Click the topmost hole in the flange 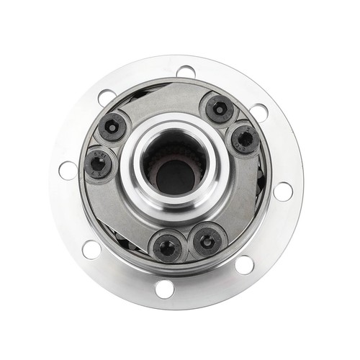(x=186, y=72)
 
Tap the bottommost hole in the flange (x=164, y=289)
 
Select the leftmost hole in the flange (x=68, y=171)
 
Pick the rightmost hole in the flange (x=283, y=191)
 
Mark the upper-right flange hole (x=258, y=113)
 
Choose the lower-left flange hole (x=91, y=249)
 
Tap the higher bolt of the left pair (x=112, y=127)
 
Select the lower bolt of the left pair (x=98, y=163)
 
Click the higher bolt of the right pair (x=219, y=109)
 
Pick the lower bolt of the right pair (x=245, y=138)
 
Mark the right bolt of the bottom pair (x=207, y=240)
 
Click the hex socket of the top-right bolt (x=219, y=109)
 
